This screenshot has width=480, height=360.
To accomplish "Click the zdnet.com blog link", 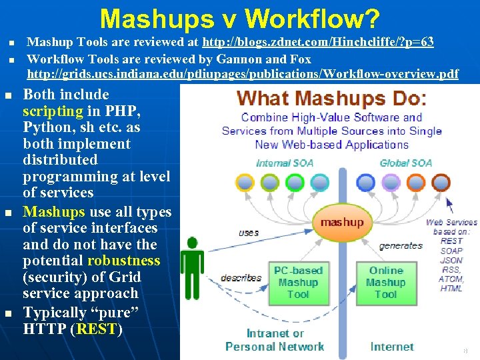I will point(318,43).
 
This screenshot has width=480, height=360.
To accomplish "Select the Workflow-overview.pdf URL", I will point(242,73).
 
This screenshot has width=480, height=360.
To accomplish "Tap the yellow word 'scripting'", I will point(53,111).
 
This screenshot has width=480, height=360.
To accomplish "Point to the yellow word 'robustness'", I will point(123,261).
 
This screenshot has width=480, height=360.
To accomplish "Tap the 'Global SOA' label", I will point(405,163).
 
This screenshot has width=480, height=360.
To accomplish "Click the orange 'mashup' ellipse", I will point(342,222).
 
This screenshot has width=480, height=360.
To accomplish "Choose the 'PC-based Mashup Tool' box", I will point(298,282).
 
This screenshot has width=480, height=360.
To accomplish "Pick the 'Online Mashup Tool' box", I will point(385,282).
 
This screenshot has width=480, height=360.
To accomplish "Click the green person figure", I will point(194,266).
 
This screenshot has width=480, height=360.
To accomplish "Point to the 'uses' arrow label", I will point(249,233).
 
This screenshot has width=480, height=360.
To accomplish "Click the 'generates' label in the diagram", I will point(400,245).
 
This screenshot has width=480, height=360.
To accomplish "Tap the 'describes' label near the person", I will point(241,278).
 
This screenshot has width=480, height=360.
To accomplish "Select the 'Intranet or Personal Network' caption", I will point(275,339).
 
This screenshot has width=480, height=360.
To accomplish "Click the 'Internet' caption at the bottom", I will point(391,347).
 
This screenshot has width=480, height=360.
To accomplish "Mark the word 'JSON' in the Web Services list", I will point(452,261).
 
